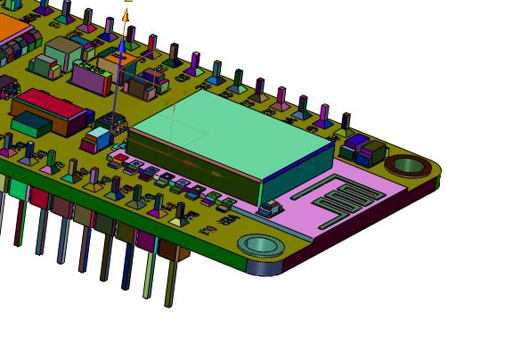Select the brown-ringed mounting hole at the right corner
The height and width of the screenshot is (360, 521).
(x=408, y=165)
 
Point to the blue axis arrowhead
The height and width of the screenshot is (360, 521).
(x=121, y=42)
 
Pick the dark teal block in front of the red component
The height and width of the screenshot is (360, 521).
(x=31, y=124)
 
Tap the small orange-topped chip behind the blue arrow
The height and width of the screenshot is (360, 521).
(x=118, y=61)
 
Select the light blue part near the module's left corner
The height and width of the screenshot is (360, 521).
(x=99, y=136)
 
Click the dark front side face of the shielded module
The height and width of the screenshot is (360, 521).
(x=196, y=164)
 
